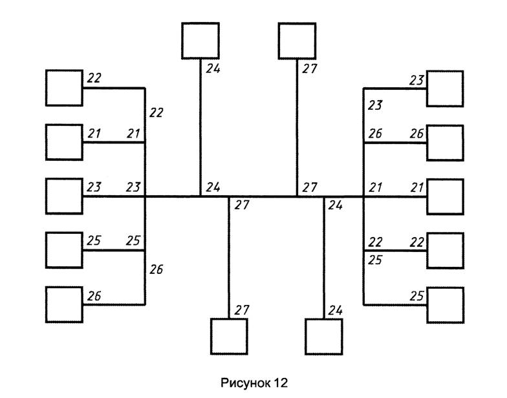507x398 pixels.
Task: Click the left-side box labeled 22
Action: coord(64,88)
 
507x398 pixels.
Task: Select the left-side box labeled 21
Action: coord(64,142)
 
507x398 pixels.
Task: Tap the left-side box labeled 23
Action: coord(64,196)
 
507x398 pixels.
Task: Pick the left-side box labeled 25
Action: coord(64,249)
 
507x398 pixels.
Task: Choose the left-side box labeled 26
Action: coord(64,304)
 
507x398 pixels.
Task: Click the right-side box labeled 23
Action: coord(445,89)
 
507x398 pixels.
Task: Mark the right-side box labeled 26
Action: coord(445,142)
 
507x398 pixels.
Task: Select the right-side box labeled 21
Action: coord(445,196)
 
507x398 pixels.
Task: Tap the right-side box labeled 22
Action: coord(445,249)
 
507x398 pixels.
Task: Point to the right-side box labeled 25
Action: coord(445,304)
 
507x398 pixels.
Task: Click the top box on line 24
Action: coord(200,40)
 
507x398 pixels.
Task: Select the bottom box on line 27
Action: coord(229,336)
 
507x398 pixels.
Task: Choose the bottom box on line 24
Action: coord(323,336)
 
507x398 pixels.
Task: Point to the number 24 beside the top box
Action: coord(213,68)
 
